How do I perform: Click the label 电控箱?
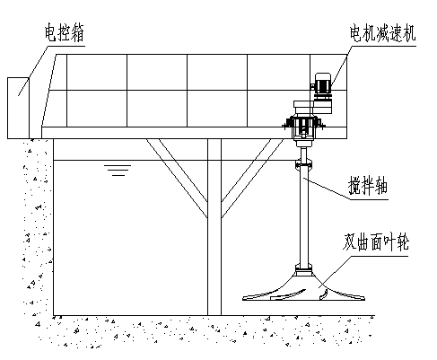pyautogui.click(x=64, y=33)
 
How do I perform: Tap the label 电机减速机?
pyautogui.click(x=382, y=33)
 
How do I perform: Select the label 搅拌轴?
pyautogui.click(x=368, y=186)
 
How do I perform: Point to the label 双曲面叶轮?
pyautogui.click(x=376, y=241)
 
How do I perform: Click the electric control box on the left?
pyautogui.click(x=18, y=108)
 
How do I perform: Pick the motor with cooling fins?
pyautogui.click(x=323, y=84)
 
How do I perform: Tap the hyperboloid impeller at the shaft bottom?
pyautogui.click(x=303, y=289)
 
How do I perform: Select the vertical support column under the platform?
pyautogui.click(x=214, y=227)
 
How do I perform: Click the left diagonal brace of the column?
pyautogui.click(x=177, y=178)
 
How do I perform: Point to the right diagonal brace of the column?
pyautogui.click(x=252, y=178)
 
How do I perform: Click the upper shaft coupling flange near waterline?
pyautogui.click(x=303, y=165)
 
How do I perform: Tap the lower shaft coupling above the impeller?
pyautogui.click(x=303, y=270)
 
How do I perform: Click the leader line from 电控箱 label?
pyautogui.click(x=33, y=71)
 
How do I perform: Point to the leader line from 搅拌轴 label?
pyautogui.click(x=327, y=189)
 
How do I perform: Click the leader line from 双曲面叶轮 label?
pyautogui.click(x=335, y=272)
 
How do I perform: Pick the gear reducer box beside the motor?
pyautogui.click(x=323, y=106)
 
